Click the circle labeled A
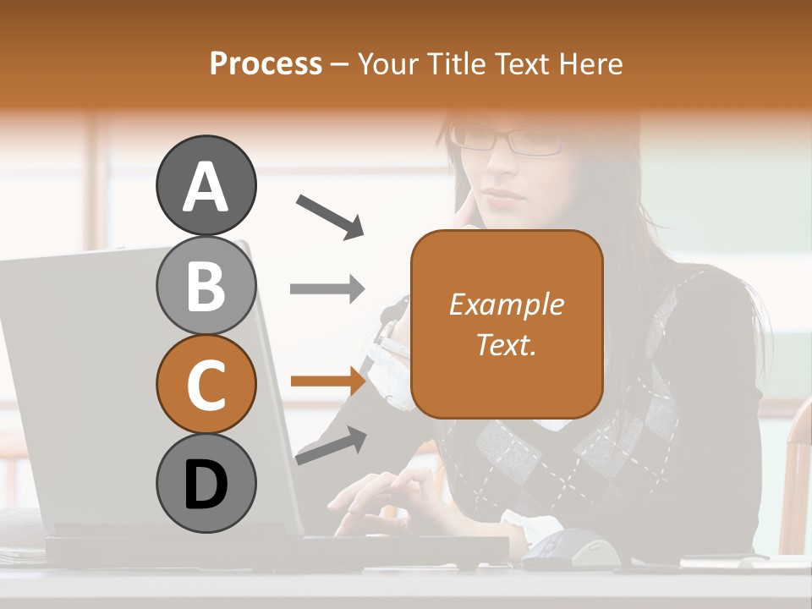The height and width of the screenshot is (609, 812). (x=206, y=186)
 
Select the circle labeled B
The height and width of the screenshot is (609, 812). (x=206, y=285)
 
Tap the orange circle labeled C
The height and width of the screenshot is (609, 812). (x=206, y=384)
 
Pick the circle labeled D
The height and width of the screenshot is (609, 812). (x=206, y=483)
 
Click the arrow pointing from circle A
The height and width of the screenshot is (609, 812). (x=329, y=216)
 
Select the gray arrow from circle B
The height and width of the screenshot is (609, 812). (x=327, y=289)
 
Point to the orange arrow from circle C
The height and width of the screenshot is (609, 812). (x=327, y=381)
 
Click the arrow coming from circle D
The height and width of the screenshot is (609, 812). (x=331, y=445)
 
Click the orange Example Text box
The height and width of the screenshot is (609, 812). (x=507, y=325)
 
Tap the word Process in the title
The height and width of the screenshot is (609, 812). (x=266, y=63)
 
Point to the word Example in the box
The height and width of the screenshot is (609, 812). (x=507, y=304)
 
